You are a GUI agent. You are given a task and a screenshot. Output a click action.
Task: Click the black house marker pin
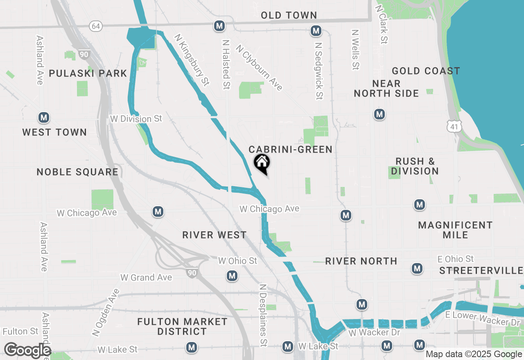(x=262, y=163)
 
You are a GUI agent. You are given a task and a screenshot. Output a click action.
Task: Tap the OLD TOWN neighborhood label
(x=289, y=16)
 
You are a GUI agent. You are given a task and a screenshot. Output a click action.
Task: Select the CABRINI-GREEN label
(x=291, y=150)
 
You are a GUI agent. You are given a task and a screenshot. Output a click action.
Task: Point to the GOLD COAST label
(x=426, y=71)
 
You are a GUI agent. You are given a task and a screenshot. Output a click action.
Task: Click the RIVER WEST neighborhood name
(x=215, y=235)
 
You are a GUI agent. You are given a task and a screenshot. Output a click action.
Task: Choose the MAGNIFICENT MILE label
(x=455, y=230)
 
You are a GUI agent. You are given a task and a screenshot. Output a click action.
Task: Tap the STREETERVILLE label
(x=481, y=271)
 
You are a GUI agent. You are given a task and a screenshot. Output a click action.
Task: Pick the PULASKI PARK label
(x=88, y=74)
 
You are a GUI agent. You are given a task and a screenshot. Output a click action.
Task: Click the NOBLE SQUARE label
(x=77, y=172)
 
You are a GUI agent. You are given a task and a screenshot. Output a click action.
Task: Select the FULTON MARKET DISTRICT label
(x=182, y=326)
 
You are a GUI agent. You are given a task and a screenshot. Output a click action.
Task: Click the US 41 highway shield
(x=455, y=126)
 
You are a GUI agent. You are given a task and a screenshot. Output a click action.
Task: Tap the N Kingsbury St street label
(x=192, y=60)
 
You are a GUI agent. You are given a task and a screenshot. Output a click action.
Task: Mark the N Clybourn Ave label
(x=259, y=67)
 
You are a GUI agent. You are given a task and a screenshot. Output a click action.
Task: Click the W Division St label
(x=136, y=119)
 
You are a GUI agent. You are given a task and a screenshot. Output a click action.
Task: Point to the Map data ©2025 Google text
(x=474, y=354)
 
